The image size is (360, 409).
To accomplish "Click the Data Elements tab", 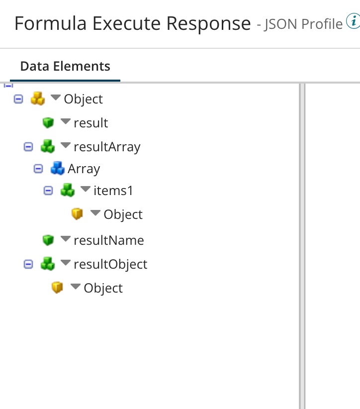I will tap(65, 66).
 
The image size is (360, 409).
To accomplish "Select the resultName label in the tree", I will tap(108, 240).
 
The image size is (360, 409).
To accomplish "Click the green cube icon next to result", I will tap(48, 122).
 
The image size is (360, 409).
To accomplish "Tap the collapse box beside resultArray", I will tap(28, 147).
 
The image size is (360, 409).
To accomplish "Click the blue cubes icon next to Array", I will tap(58, 169).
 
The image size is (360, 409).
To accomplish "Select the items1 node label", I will tap(113, 191).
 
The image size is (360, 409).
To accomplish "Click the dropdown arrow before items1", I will tap(85, 190).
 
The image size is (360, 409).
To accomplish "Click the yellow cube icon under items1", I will tap(77, 214).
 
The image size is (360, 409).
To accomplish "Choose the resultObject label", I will tap(110, 264).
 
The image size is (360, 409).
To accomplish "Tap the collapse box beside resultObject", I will tap(28, 264).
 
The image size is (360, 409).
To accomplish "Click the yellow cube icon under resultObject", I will tap(58, 288).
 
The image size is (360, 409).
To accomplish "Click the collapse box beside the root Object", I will tap(18, 99).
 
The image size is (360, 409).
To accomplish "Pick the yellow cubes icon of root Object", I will tap(38, 99).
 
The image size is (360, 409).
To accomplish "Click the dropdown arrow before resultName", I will tap(65, 239).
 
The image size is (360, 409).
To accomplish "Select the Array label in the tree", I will tap(84, 169).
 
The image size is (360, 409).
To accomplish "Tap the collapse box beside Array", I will tap(38, 169).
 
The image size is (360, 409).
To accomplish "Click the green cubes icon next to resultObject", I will tap(48, 264).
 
